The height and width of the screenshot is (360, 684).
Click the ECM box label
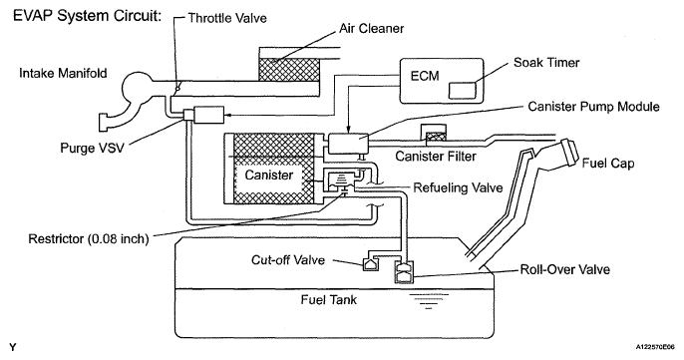tap(425, 76)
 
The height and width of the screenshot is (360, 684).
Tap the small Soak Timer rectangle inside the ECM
tap(462, 91)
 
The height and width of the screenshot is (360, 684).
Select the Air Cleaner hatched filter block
tap(289, 69)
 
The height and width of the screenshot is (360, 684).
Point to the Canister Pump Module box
tap(348, 144)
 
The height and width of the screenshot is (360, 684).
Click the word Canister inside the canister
tap(269, 175)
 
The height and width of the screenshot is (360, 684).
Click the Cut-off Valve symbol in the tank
tap(370, 263)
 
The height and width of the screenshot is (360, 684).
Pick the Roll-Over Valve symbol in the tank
tap(404, 272)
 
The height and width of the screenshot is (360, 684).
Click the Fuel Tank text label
tap(328, 300)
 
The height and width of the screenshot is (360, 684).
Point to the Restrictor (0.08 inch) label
tap(89, 239)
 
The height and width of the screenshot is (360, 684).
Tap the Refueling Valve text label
tap(458, 187)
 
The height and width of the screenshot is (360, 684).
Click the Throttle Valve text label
tap(227, 18)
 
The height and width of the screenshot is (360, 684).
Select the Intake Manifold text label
tap(63, 73)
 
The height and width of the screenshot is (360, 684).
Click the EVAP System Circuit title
tap(88, 16)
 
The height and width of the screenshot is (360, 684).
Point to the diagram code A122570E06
tap(655, 347)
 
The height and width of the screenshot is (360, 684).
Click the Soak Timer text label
tap(546, 63)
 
